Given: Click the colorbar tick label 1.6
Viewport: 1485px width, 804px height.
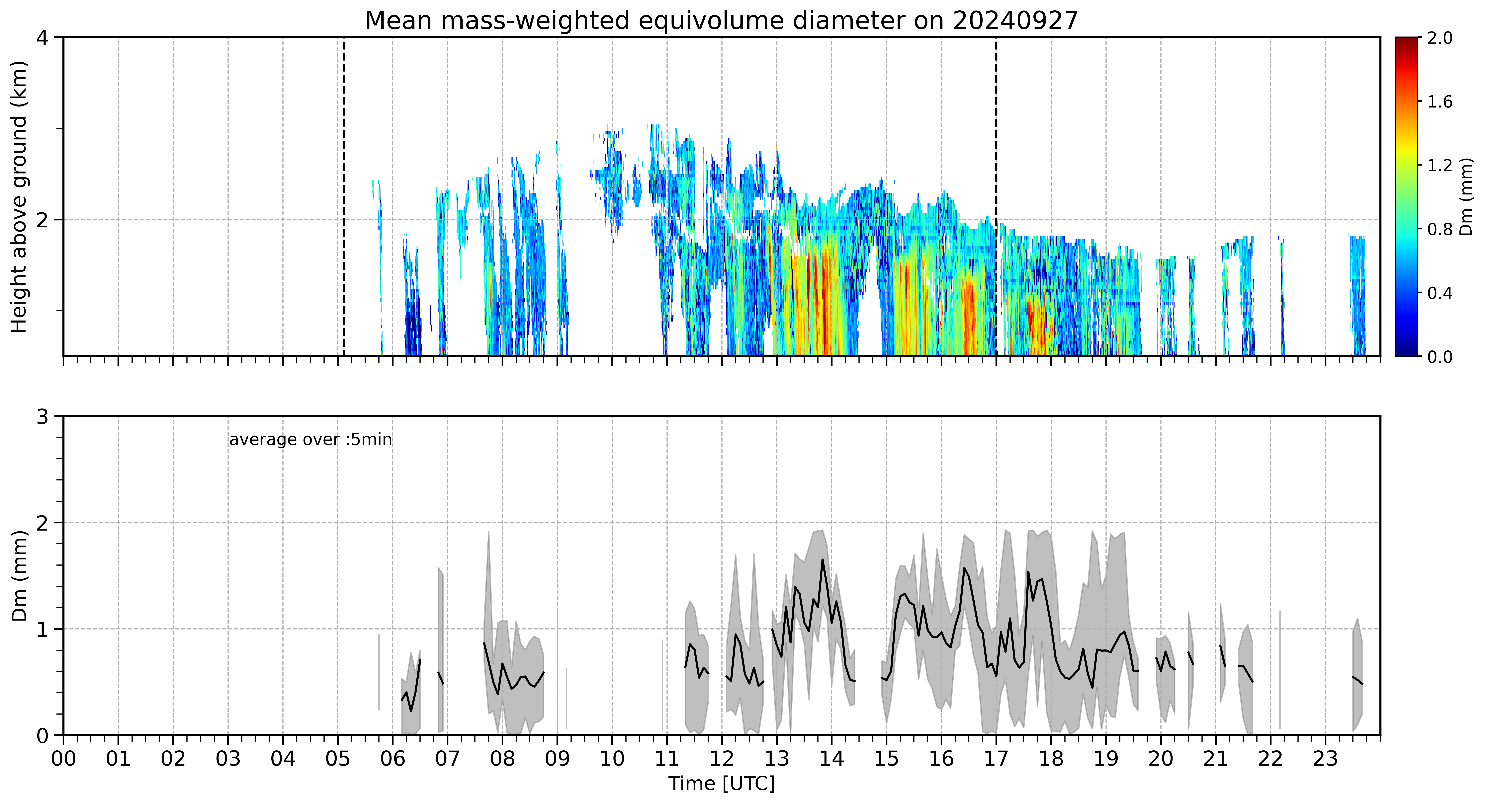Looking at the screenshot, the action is pos(1440,102).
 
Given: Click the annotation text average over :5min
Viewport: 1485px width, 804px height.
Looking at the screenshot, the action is pos(310,440).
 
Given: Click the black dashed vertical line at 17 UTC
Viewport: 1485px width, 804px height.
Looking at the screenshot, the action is pos(996,196).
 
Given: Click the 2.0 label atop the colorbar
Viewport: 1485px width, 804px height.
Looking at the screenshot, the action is pos(1440,38).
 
